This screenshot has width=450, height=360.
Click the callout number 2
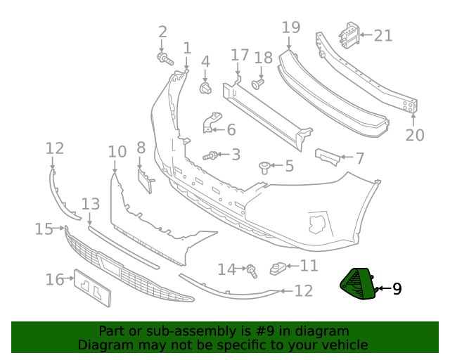click(x=162, y=32)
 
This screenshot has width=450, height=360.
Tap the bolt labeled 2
click(x=165, y=58)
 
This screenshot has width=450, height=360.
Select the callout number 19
click(x=290, y=27)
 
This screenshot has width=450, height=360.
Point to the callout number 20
click(x=415, y=134)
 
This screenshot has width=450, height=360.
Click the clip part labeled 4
click(x=206, y=88)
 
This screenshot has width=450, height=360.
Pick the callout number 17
click(x=240, y=55)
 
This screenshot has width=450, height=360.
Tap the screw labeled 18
click(x=258, y=84)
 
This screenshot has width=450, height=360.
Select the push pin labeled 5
click(x=265, y=167)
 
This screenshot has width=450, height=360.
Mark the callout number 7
click(x=359, y=159)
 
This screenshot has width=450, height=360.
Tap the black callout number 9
click(x=397, y=288)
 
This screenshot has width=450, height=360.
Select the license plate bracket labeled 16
click(x=93, y=288)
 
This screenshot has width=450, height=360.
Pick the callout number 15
click(x=44, y=229)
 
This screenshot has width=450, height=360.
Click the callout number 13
click(x=91, y=204)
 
